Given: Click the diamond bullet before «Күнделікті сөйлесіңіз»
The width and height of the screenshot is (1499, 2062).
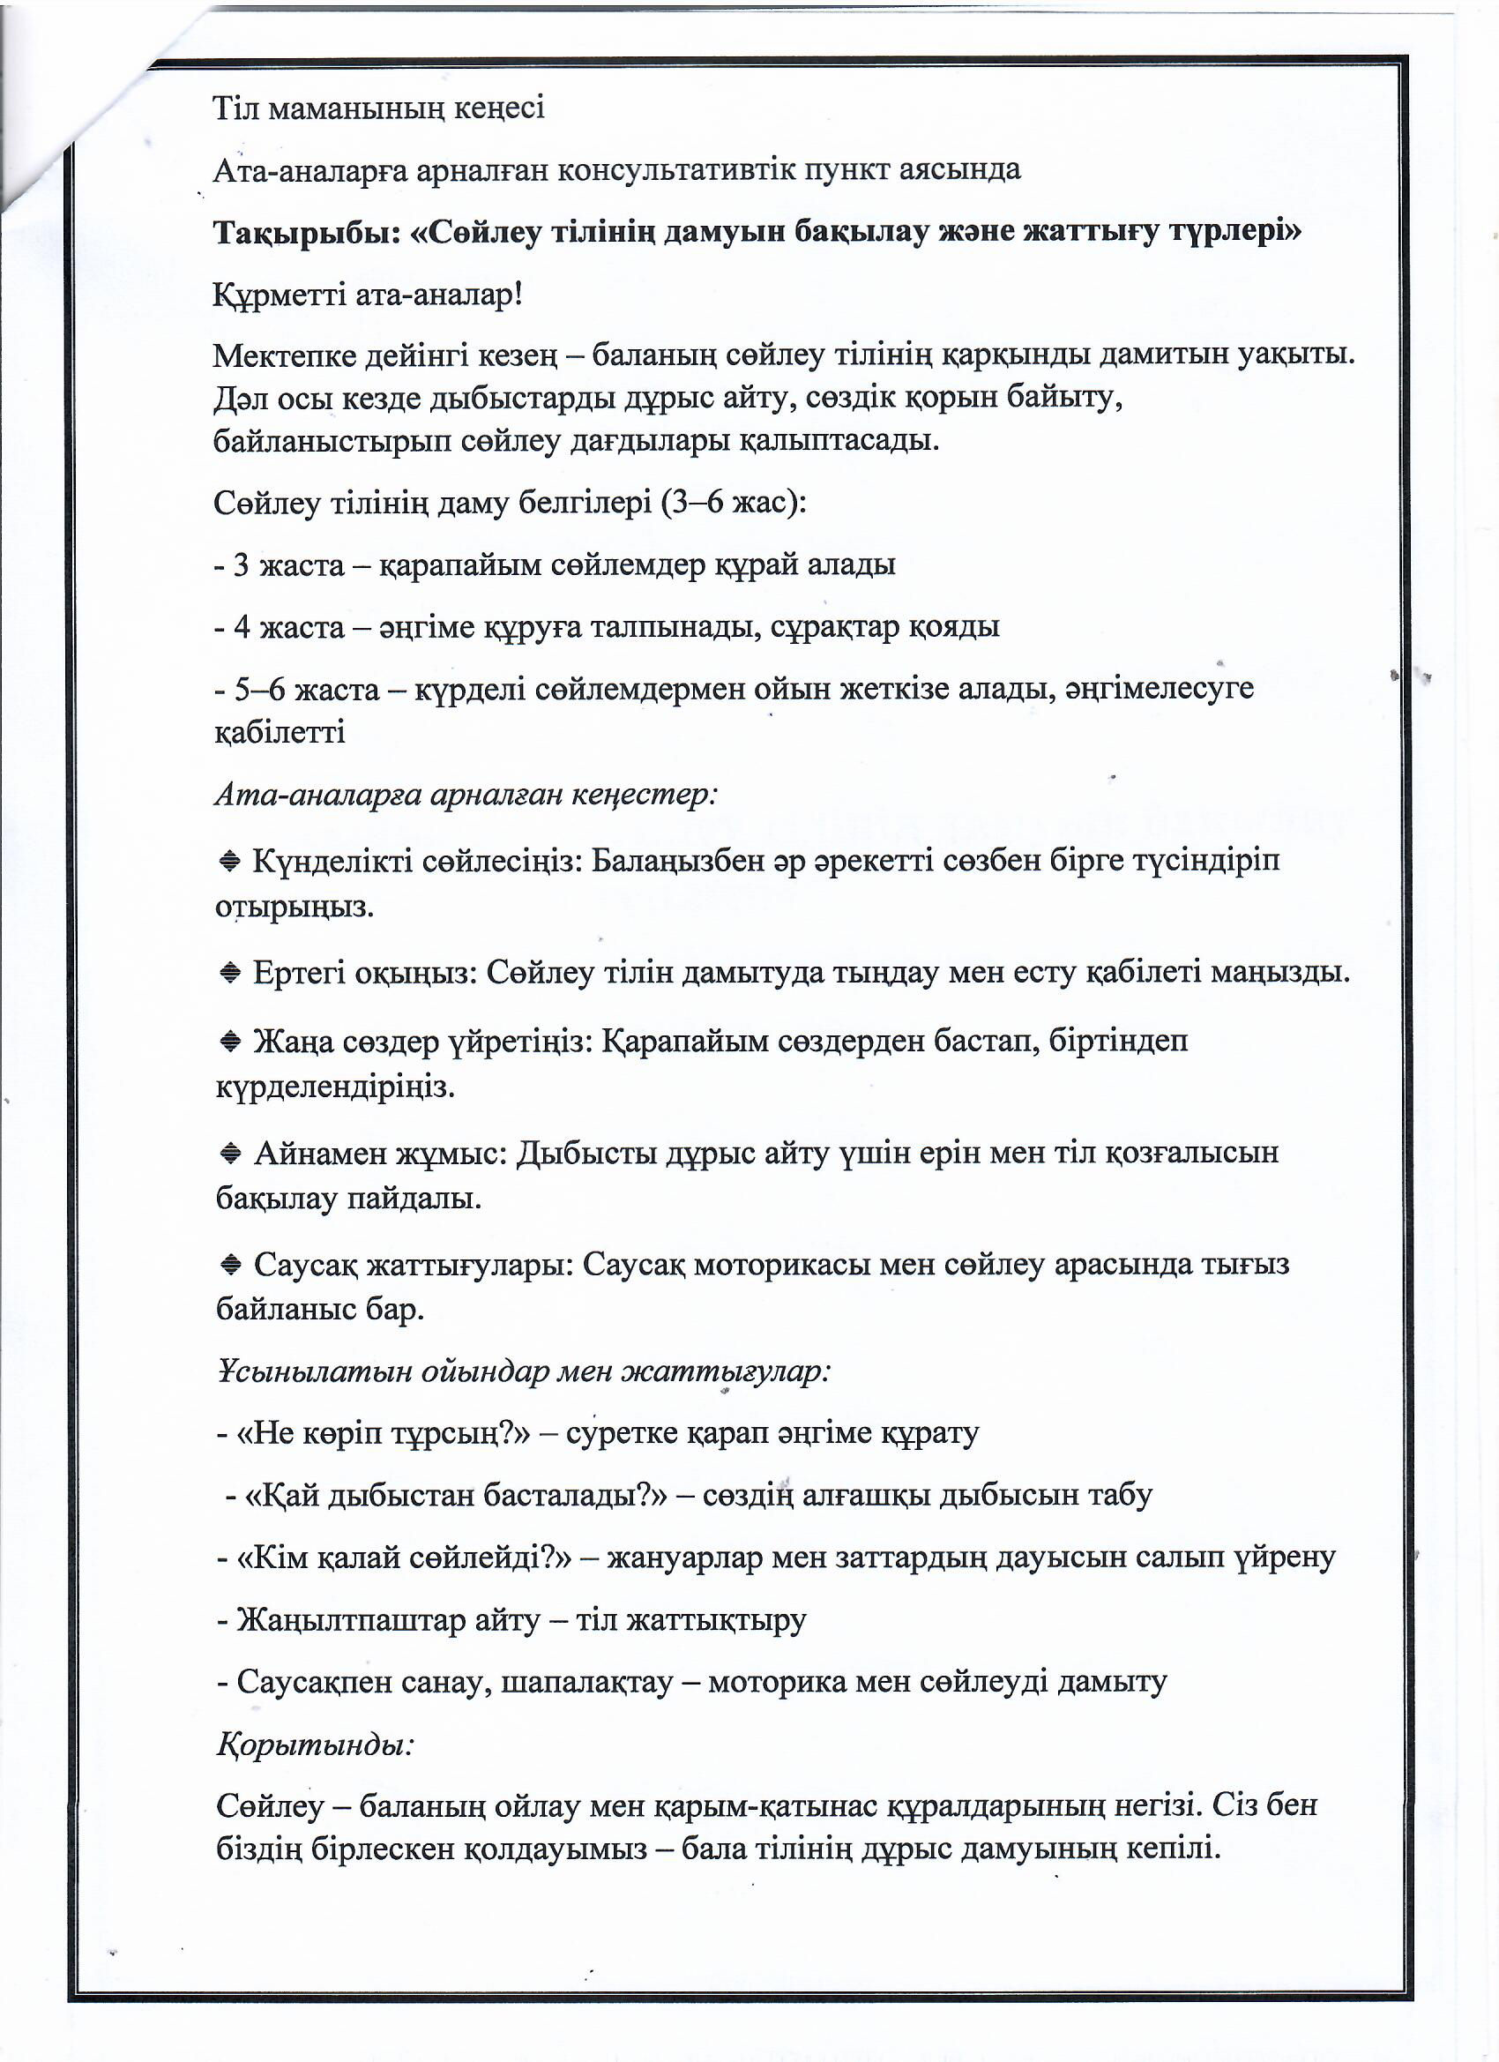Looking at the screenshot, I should coord(230,860).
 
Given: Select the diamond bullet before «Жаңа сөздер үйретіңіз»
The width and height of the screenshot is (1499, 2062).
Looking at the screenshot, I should coord(230,1041).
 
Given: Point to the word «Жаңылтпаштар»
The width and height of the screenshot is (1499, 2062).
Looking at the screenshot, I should coord(352,1620).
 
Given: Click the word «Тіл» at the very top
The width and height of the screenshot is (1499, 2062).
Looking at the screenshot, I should coord(237,108).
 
